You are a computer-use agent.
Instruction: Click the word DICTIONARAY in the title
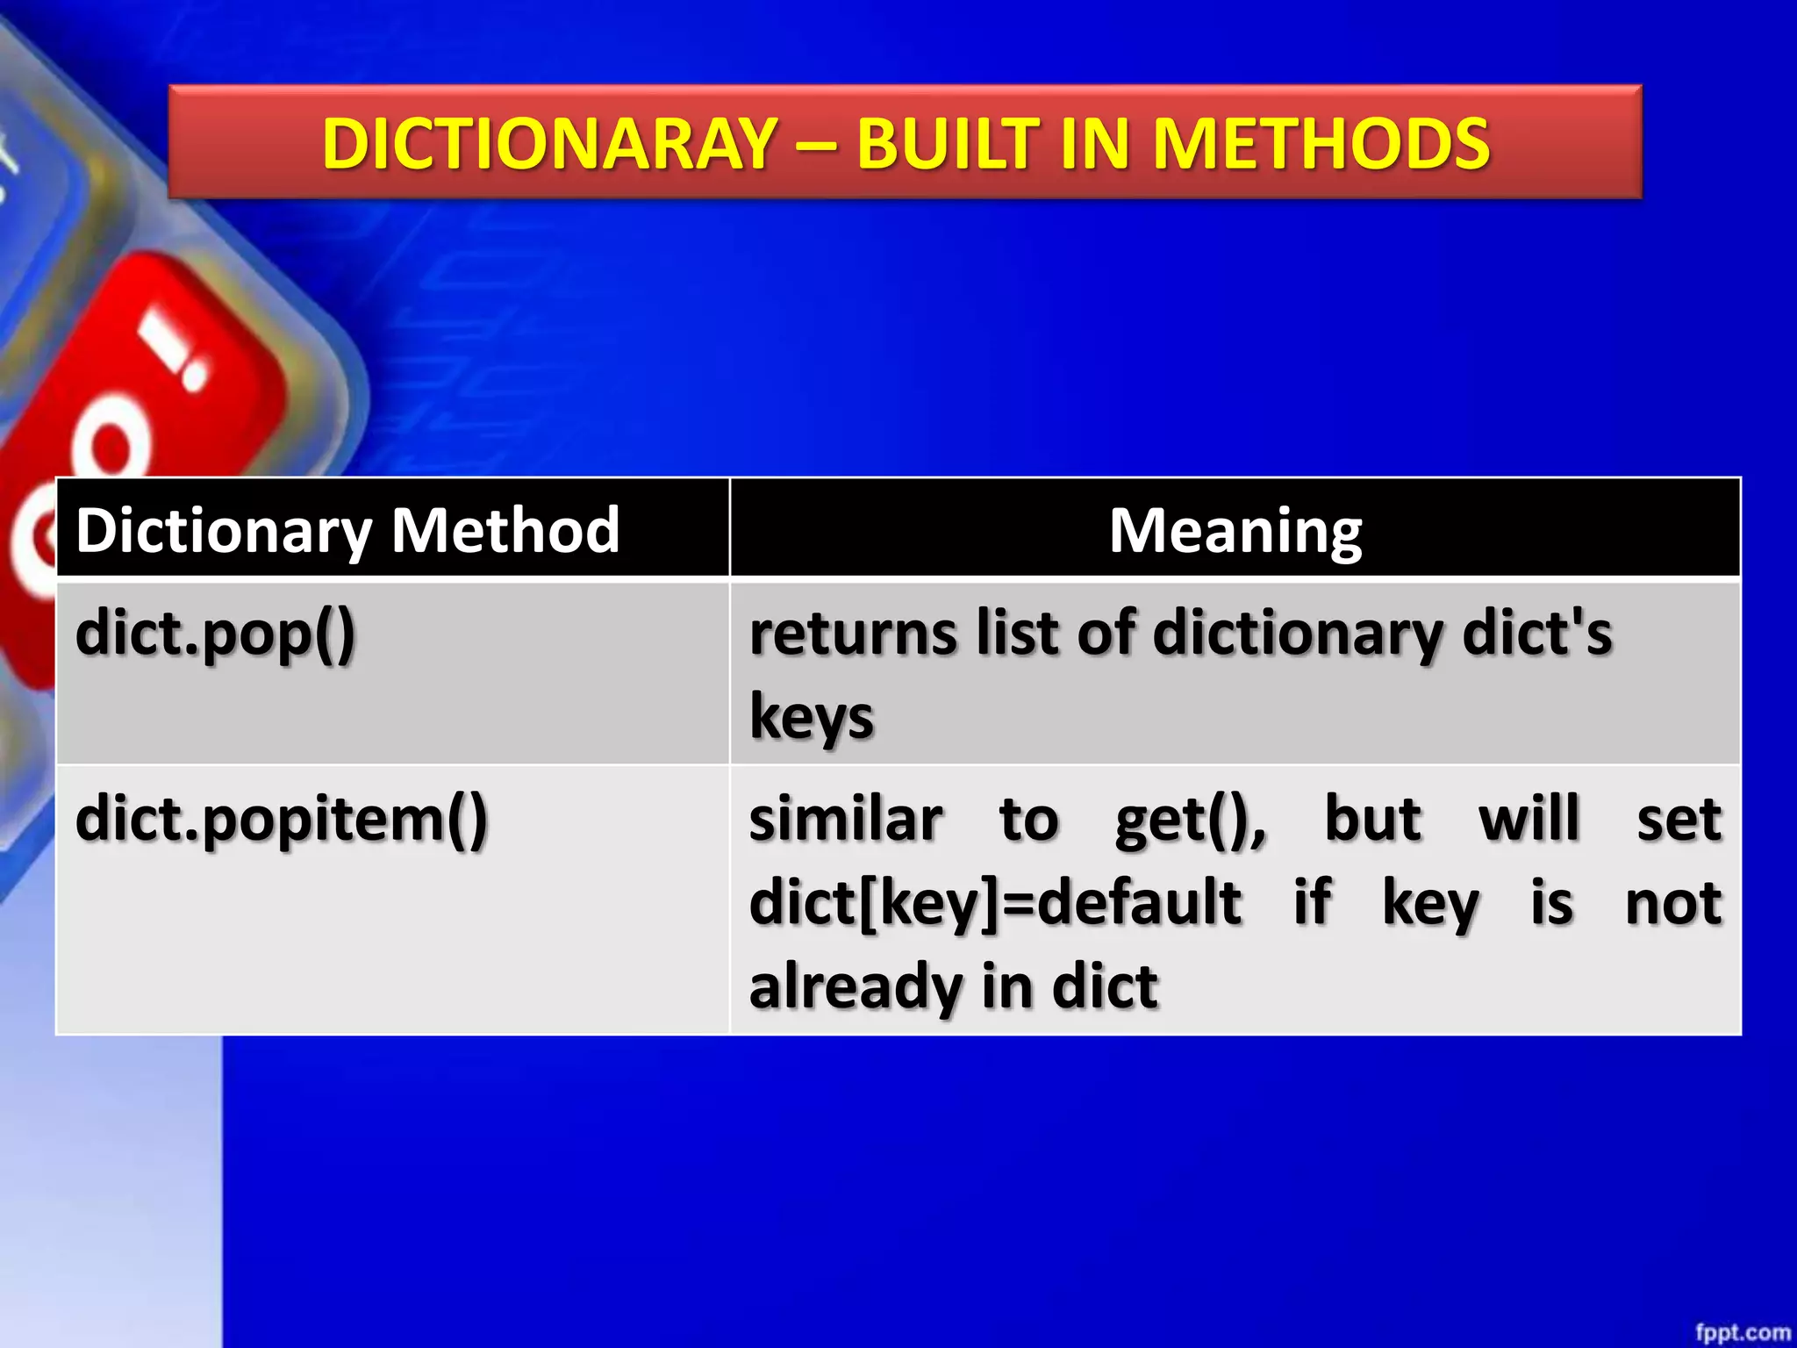(549, 144)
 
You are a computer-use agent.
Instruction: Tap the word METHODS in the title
(1321, 144)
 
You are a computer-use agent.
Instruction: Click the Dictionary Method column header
(347, 530)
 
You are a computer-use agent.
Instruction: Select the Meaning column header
(1235, 530)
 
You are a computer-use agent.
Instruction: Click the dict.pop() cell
(216, 634)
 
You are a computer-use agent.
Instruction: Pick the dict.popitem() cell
(282, 820)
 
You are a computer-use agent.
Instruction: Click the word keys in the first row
(812, 718)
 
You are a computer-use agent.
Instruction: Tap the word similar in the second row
(846, 820)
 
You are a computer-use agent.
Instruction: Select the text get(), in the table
(1191, 820)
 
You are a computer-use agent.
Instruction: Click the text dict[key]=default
(995, 903)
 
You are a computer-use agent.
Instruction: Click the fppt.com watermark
(1742, 1332)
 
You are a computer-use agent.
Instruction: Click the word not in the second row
(1672, 903)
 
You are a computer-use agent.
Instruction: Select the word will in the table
(1529, 820)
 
